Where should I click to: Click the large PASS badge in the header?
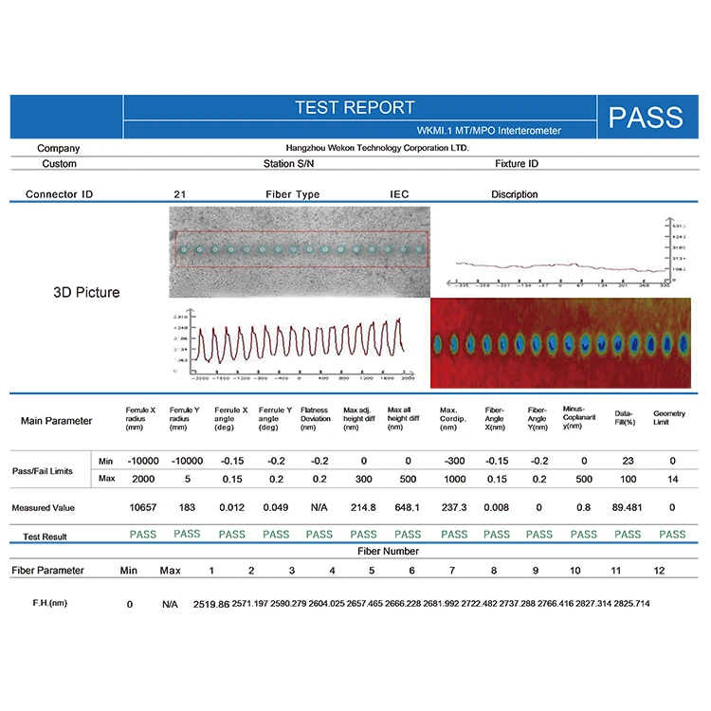click(x=646, y=117)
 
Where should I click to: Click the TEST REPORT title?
click(x=355, y=107)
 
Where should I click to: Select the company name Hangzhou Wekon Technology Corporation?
click(x=377, y=148)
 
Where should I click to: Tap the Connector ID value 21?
click(x=179, y=194)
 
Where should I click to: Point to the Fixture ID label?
click(x=517, y=164)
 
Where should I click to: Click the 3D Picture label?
click(x=86, y=293)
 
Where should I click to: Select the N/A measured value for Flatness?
click(x=319, y=507)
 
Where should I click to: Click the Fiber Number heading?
click(x=389, y=551)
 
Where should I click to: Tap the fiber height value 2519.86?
click(x=211, y=603)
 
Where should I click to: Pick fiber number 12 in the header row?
click(x=660, y=571)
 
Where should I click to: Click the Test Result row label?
click(x=46, y=537)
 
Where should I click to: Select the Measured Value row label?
click(x=44, y=508)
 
